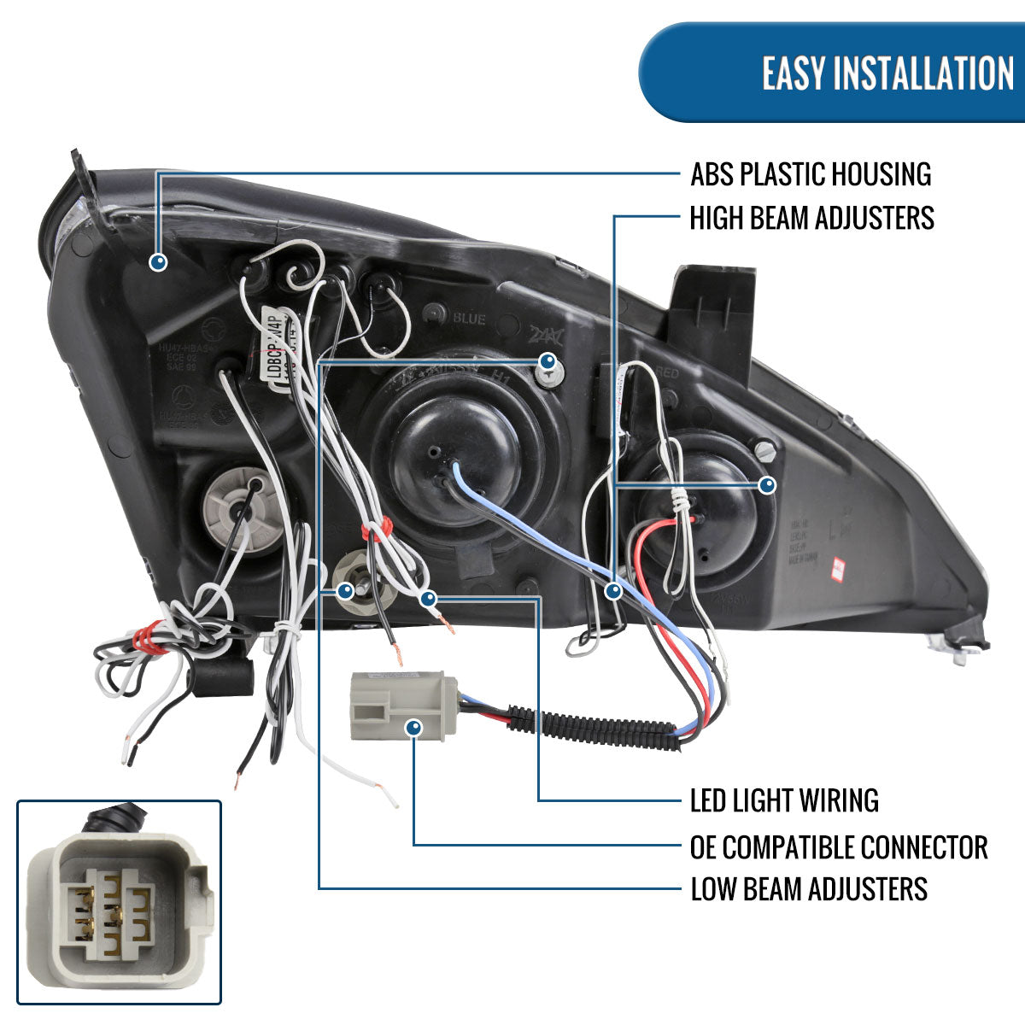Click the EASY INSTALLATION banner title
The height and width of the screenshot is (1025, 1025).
(x=887, y=73)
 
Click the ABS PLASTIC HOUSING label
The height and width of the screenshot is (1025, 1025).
(x=811, y=174)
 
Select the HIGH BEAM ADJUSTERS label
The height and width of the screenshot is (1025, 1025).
(x=811, y=218)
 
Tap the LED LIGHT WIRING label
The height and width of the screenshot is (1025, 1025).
(x=784, y=800)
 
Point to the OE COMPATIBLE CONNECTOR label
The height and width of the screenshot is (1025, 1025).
(x=839, y=846)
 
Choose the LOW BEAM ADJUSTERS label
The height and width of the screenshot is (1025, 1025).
(x=809, y=888)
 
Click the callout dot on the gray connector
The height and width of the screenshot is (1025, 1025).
(x=414, y=728)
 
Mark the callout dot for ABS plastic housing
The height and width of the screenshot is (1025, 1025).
(x=157, y=261)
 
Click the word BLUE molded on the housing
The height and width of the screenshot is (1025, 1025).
(x=469, y=319)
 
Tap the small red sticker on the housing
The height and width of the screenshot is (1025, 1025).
(x=838, y=565)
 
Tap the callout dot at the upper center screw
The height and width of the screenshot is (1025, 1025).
(x=548, y=361)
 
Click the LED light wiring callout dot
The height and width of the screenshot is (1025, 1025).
(x=429, y=599)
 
